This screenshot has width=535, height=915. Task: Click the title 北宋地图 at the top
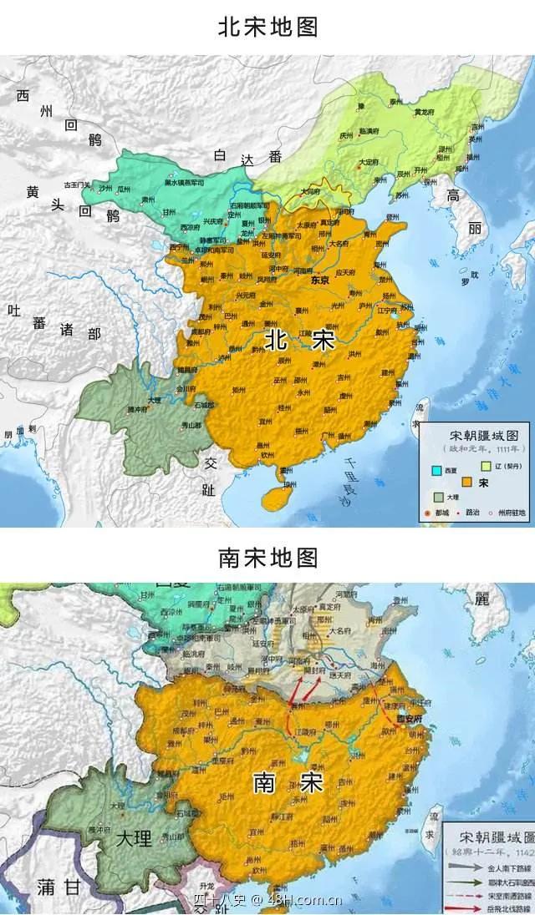pyautogui.click(x=267, y=27)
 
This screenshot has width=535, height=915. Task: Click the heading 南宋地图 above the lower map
pyautogui.click(x=267, y=558)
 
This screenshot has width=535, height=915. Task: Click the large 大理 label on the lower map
pyautogui.click(x=134, y=837)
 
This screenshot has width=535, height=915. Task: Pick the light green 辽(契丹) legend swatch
pyautogui.click(x=486, y=466)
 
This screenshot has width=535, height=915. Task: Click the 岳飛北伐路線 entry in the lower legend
pyautogui.click(x=499, y=907)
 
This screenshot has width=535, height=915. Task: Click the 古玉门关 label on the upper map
pyautogui.click(x=78, y=185)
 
